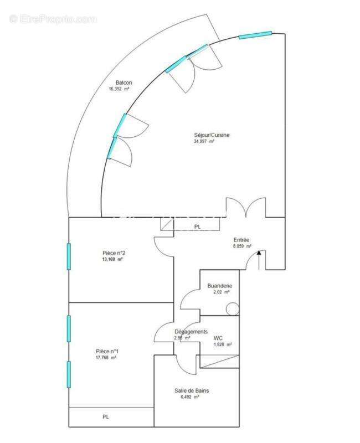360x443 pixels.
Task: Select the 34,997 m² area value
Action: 203,141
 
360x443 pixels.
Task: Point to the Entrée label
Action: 241,240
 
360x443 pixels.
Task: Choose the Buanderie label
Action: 219,286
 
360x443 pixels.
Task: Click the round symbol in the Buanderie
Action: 235,308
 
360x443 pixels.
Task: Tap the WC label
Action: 218,338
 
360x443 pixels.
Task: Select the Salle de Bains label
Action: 192,390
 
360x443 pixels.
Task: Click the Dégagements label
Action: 191,332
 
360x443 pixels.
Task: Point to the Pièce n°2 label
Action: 113,253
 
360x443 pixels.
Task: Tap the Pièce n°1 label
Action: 107,351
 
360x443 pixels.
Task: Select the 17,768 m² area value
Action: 106,358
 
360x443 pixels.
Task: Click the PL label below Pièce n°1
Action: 106,416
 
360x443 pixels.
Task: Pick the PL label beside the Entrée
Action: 197,227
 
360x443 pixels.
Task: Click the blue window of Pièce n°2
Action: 69,256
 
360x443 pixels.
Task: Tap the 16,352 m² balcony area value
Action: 119,89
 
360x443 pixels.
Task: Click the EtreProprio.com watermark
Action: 53,19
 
